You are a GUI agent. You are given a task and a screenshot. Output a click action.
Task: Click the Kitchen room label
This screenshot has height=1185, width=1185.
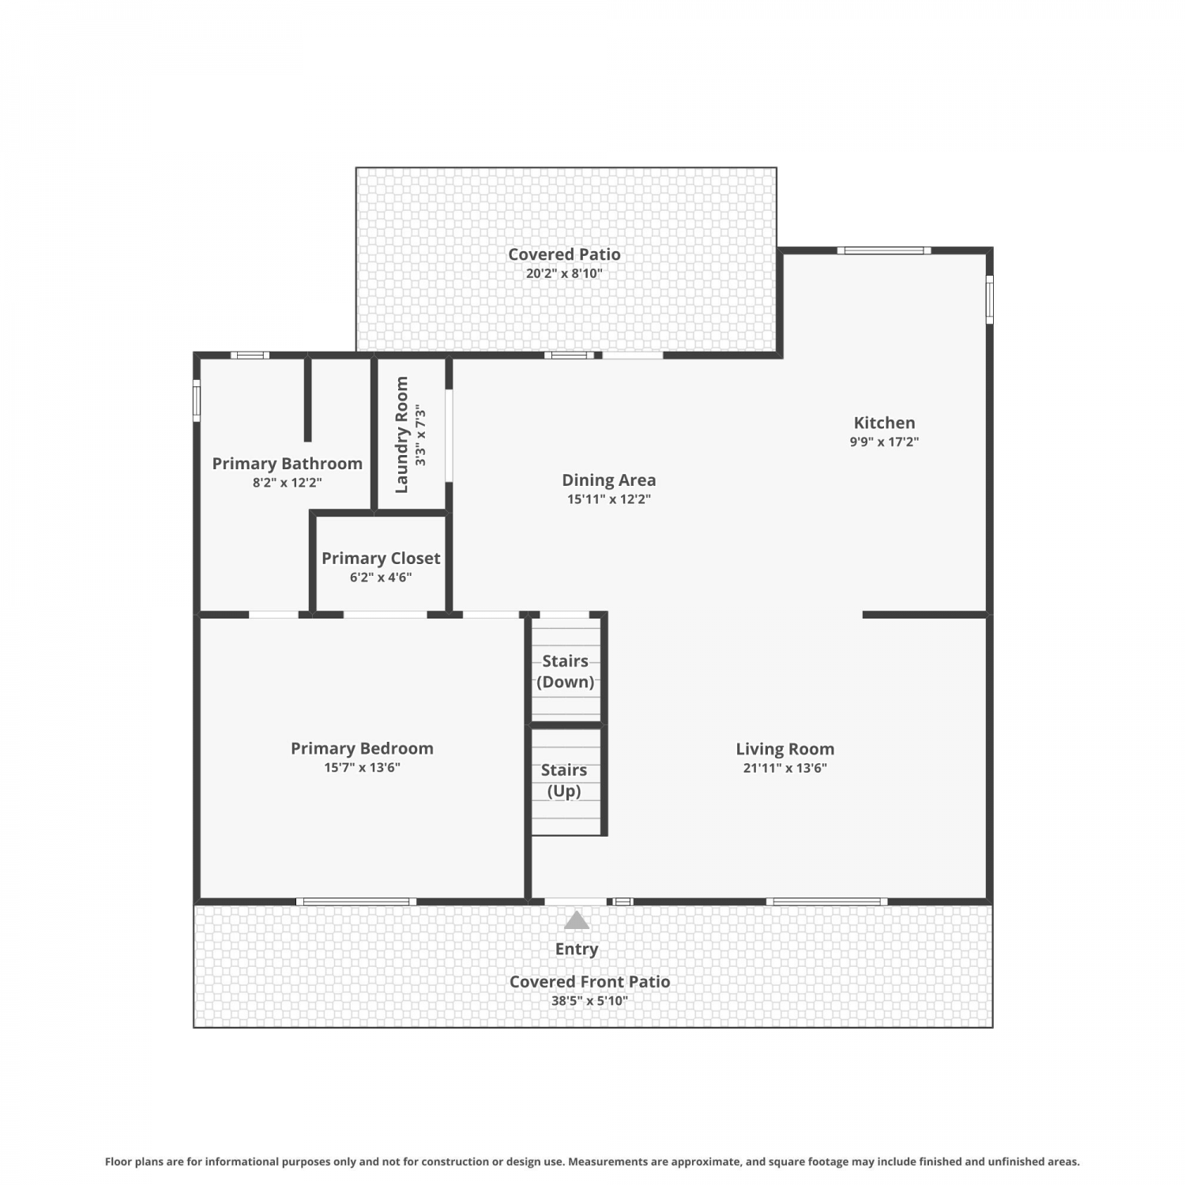(884, 423)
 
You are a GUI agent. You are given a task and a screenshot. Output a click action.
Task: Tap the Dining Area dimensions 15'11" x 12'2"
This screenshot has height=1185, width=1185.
(608, 499)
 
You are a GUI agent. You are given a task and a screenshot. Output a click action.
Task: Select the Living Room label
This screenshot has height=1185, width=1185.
(784, 749)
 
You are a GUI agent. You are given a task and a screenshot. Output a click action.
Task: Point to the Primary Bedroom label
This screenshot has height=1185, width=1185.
(362, 748)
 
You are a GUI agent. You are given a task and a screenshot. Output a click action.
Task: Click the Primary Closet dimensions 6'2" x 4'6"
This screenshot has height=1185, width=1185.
(381, 577)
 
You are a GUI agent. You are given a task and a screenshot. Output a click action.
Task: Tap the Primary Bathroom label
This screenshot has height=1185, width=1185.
(287, 464)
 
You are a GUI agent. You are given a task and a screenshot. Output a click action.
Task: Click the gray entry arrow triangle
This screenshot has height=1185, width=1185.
(577, 920)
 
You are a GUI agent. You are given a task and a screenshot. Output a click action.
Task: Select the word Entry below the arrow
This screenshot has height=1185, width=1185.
(577, 950)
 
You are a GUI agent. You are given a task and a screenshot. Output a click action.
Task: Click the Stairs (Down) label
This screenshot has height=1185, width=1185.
(565, 671)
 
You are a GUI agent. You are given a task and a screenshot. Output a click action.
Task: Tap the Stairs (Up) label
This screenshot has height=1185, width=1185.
(564, 781)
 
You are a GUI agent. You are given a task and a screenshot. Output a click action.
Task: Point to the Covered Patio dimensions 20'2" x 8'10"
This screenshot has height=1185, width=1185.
(564, 274)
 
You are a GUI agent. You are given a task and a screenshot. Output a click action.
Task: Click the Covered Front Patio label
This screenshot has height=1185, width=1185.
(589, 982)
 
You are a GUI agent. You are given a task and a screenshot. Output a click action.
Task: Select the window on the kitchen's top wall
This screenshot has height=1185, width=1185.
(884, 251)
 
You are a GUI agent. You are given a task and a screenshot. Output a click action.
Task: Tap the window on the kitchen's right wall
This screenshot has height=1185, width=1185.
(989, 299)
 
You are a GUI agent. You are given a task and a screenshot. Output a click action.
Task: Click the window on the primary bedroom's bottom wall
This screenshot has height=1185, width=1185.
(356, 901)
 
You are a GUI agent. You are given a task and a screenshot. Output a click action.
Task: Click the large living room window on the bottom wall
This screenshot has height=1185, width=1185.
(826, 901)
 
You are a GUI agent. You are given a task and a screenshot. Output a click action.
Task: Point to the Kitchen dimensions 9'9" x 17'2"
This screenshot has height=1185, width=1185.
(884, 442)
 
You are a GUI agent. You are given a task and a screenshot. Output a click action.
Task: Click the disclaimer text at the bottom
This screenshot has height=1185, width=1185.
(592, 1161)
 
